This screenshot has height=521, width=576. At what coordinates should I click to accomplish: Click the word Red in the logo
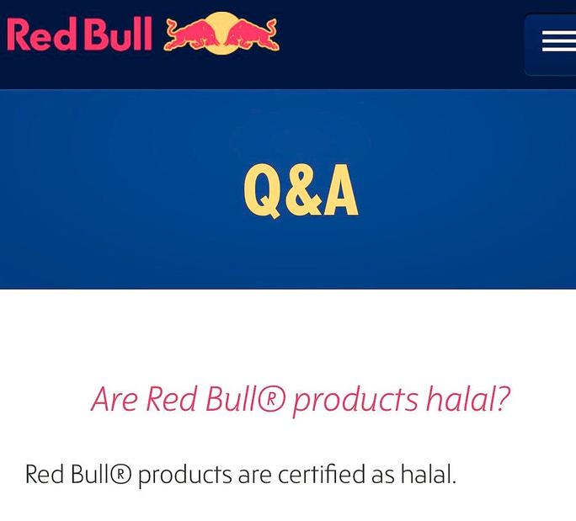41,34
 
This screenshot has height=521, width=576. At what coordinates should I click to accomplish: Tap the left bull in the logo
192,35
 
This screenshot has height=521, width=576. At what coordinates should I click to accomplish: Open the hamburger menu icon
558,41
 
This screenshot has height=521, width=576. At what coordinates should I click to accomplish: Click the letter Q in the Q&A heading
264,191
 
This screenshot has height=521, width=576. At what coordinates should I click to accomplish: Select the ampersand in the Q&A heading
304,190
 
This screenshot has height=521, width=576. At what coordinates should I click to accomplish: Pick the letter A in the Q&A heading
341,190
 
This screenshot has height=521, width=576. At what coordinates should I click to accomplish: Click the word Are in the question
115,399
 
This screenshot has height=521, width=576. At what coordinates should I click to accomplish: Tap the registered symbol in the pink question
270,399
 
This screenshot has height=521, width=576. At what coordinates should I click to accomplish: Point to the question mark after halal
501,398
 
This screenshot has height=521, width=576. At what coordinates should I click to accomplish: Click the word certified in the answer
322,474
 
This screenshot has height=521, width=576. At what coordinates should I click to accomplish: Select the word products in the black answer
185,476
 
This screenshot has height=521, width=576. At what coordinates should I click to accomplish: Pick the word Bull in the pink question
230,399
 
